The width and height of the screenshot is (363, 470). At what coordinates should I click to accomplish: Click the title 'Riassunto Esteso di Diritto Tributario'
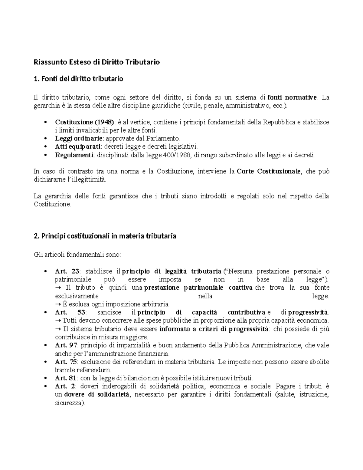[x=96, y=62]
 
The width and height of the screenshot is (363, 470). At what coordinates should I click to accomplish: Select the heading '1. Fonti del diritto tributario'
[x=78, y=79]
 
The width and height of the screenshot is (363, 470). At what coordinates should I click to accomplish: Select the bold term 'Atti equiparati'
[x=77, y=147]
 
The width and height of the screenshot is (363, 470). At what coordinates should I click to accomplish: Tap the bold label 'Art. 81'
[x=66, y=378]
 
